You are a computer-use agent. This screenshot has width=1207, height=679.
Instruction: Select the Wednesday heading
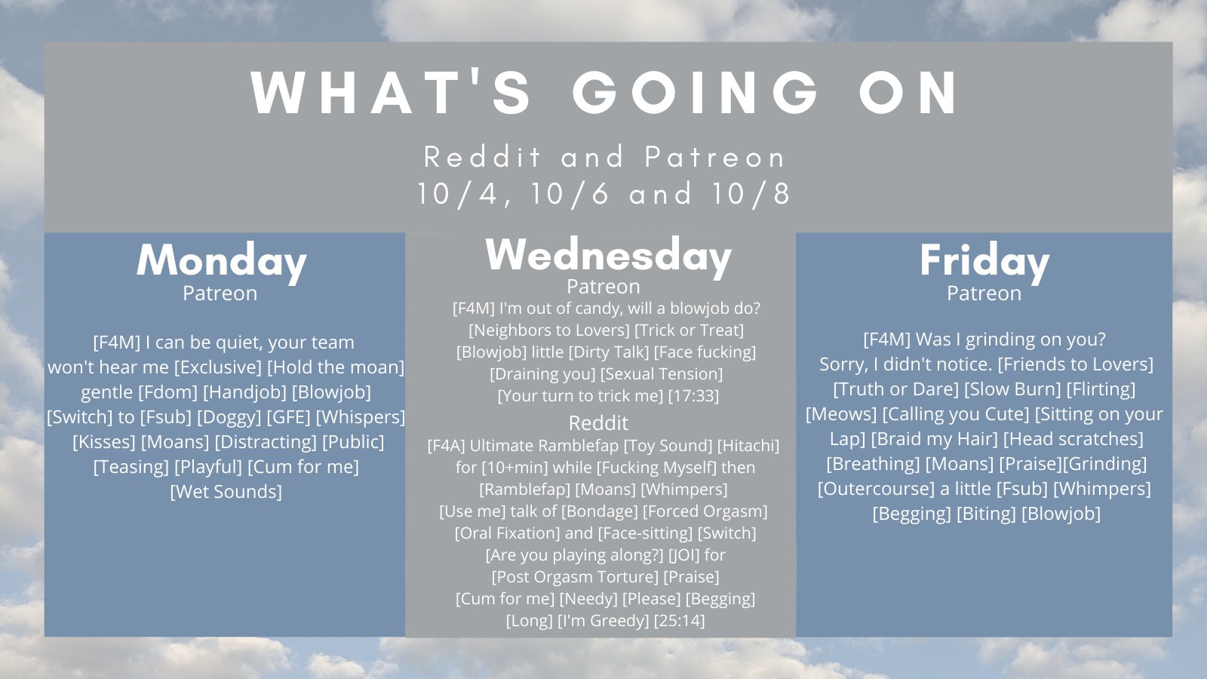608,256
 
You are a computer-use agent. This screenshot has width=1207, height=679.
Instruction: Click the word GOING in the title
695,93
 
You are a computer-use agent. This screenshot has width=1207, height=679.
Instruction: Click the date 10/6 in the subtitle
570,193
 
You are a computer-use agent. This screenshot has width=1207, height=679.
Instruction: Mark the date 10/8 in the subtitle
751,193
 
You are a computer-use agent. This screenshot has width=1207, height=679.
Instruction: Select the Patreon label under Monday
220,293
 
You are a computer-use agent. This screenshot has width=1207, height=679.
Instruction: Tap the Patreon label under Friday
984,293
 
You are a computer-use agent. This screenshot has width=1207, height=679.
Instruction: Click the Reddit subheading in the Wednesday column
598,423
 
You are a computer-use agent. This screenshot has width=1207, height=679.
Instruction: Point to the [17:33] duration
693,396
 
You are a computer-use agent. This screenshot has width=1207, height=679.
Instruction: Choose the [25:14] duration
679,621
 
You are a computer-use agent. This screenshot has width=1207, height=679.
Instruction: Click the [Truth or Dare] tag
895,389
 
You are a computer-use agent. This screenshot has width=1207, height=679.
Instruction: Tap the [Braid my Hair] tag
935,438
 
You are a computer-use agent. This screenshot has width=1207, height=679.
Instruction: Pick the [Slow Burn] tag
1012,389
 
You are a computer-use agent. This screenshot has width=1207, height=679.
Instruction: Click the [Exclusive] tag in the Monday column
218,367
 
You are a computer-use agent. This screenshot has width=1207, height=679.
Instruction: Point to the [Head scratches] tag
1073,438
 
